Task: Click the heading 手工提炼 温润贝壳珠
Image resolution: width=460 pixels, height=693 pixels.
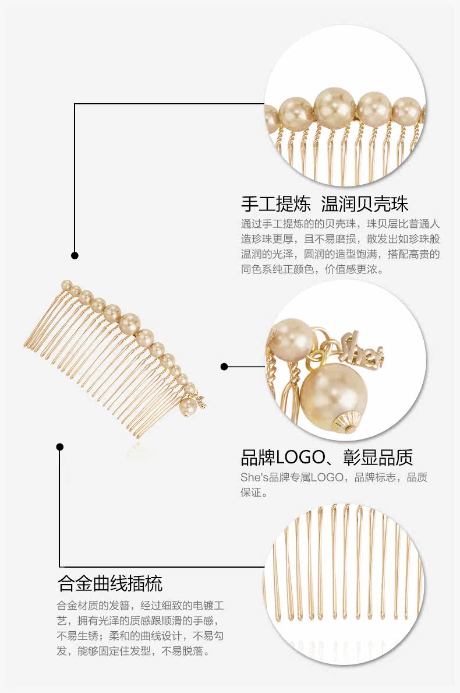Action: [x=324, y=203]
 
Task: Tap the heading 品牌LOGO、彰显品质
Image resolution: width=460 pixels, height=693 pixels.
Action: [x=327, y=458]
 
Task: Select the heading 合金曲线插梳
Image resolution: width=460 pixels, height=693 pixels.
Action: [x=110, y=583]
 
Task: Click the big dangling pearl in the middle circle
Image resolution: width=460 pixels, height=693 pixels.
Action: [x=333, y=392]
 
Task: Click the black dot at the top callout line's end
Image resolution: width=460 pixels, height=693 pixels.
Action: [x=75, y=255]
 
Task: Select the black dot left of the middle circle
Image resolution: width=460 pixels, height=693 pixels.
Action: [x=224, y=367]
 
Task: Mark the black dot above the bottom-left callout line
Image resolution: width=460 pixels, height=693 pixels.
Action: [x=59, y=447]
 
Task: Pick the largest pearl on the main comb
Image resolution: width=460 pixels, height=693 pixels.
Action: [x=130, y=322]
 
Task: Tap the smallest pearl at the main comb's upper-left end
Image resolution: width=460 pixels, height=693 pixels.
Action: [x=66, y=285]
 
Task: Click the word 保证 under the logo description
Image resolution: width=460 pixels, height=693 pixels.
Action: [x=254, y=493]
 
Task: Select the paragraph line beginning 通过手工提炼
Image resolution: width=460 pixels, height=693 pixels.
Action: [x=340, y=224]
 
